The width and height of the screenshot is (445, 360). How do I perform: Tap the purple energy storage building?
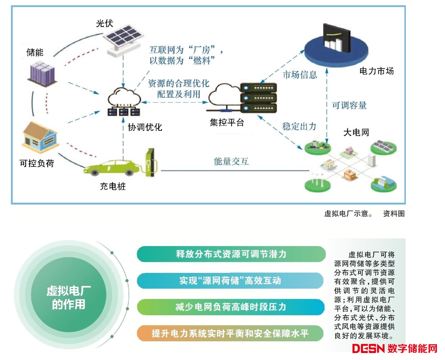pyautogui.click(x=42, y=73)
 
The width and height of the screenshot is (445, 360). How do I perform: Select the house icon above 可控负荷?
pyautogui.click(x=40, y=138)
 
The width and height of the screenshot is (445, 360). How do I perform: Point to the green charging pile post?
pyautogui.click(x=151, y=162)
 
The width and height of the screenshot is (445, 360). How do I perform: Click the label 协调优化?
pyautogui.click(x=145, y=127)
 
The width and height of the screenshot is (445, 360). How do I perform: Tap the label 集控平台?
pyautogui.click(x=227, y=123)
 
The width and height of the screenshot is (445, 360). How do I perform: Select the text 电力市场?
pyautogui.click(x=376, y=71)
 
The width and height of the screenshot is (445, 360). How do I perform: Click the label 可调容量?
pyautogui.click(x=349, y=105)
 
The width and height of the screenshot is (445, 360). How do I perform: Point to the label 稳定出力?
pyautogui.click(x=299, y=127)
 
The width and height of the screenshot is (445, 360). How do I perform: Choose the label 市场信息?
pyautogui.click(x=300, y=75)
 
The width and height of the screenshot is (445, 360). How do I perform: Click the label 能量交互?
pyautogui.click(x=231, y=161)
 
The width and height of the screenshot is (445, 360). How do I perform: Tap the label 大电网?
pyautogui.click(x=356, y=133)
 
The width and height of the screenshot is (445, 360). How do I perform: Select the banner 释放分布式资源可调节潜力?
pyautogui.click(x=231, y=254)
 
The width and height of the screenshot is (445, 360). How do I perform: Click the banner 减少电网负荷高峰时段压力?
pyautogui.click(x=230, y=307)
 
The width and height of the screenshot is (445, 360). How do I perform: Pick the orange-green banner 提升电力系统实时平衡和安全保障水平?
pyautogui.click(x=230, y=334)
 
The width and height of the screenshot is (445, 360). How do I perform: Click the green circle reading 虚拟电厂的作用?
pyautogui.click(x=68, y=297)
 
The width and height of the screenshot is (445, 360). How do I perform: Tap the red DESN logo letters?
pyautogui.click(x=368, y=349)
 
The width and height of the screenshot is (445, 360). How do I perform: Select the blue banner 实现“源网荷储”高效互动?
pyautogui.click(x=230, y=280)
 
